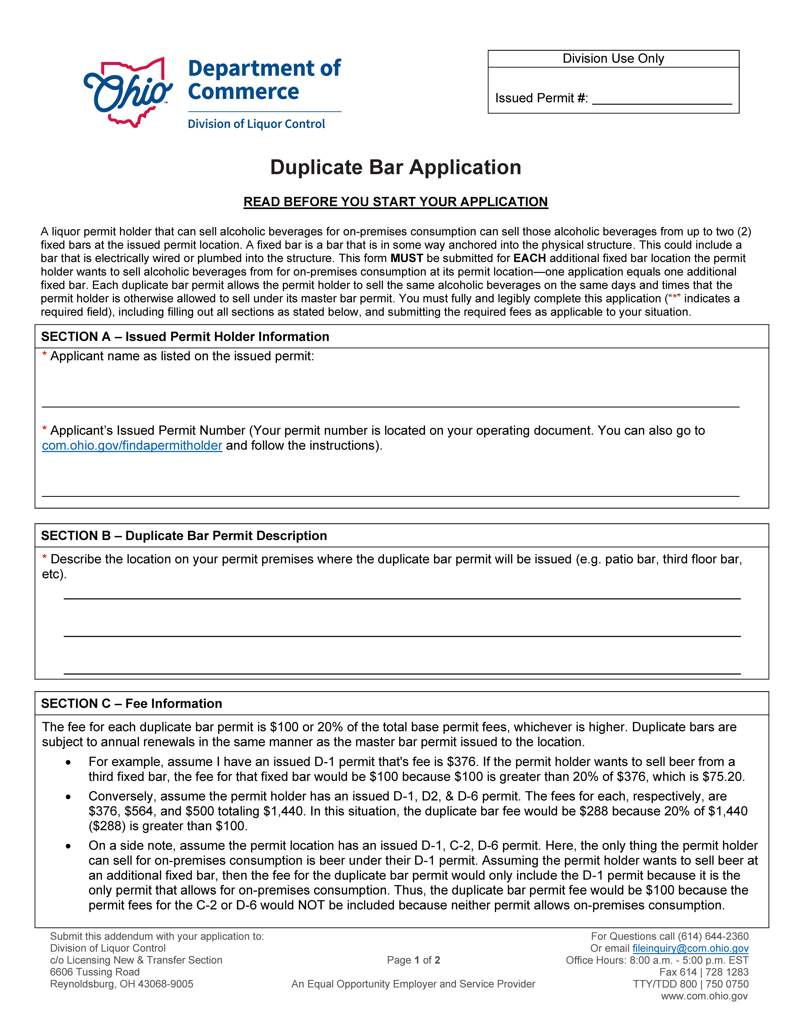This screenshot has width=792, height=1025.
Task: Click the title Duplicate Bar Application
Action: pyautogui.click(x=396, y=168)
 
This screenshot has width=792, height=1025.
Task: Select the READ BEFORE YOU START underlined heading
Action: pyautogui.click(x=396, y=202)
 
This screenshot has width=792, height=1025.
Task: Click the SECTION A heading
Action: pyautogui.click(x=185, y=336)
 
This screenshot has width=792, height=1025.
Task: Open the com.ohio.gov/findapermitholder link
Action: pyautogui.click(x=132, y=445)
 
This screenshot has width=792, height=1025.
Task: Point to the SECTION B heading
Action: pyautogui.click(x=184, y=535)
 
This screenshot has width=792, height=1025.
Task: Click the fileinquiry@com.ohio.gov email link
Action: pyautogui.click(x=690, y=948)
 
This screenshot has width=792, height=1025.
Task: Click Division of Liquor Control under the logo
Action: pyautogui.click(x=256, y=124)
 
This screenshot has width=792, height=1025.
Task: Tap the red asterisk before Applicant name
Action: pyautogui.click(x=45, y=355)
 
